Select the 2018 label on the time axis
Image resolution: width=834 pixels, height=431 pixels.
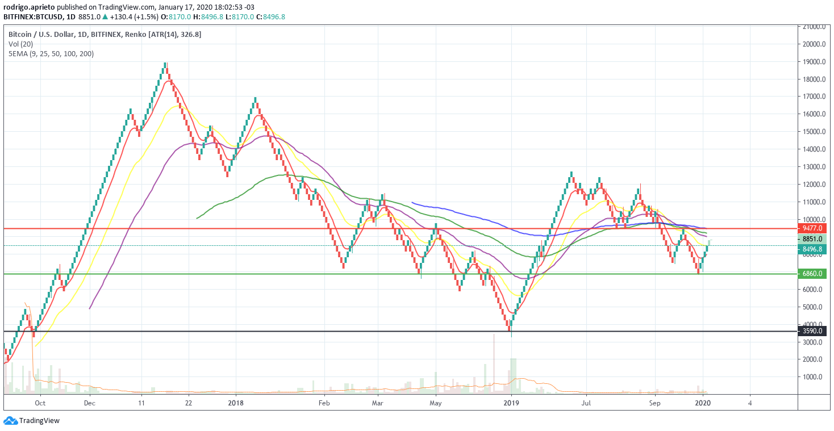pos(235,403)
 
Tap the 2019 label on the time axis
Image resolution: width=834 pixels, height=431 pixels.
pos(511,403)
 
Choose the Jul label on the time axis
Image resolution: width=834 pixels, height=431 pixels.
pos(586,403)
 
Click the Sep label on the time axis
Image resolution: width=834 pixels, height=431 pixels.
pos(655,403)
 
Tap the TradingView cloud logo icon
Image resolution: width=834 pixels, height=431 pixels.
pos(10,421)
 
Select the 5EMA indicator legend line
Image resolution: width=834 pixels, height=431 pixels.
pos(51,53)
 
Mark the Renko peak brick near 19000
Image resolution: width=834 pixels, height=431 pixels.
pos(165,65)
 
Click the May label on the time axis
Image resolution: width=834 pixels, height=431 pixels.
pos(435,403)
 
